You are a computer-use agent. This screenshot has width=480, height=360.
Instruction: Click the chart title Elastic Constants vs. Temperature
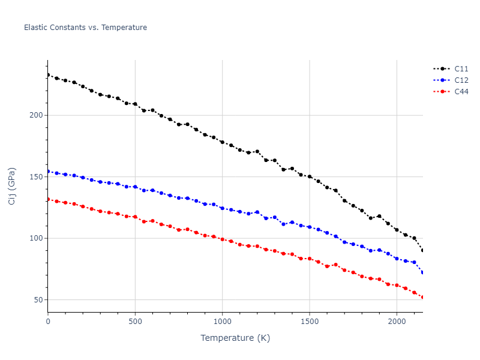click(x=85, y=28)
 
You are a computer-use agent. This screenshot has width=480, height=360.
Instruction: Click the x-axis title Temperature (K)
click(x=235, y=338)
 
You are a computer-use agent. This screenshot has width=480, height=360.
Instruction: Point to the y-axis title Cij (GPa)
click(x=13, y=186)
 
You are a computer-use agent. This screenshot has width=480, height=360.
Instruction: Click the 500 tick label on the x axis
click(x=135, y=322)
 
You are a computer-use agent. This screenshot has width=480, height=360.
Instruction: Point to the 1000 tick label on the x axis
click(x=222, y=322)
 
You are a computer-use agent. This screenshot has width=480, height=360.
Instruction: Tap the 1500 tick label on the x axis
click(x=310, y=322)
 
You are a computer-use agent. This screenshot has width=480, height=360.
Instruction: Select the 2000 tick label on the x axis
click(x=397, y=322)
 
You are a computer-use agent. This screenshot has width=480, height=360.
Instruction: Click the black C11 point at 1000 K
click(x=222, y=142)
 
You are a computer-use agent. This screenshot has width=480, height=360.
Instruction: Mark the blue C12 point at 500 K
click(x=135, y=187)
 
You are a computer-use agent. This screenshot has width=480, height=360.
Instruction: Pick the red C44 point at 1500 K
click(x=310, y=259)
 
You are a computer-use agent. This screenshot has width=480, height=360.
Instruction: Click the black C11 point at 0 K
click(x=48, y=75)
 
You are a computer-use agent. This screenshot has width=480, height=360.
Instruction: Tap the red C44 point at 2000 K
click(x=397, y=285)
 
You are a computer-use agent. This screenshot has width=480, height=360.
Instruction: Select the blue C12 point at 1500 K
click(x=310, y=227)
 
